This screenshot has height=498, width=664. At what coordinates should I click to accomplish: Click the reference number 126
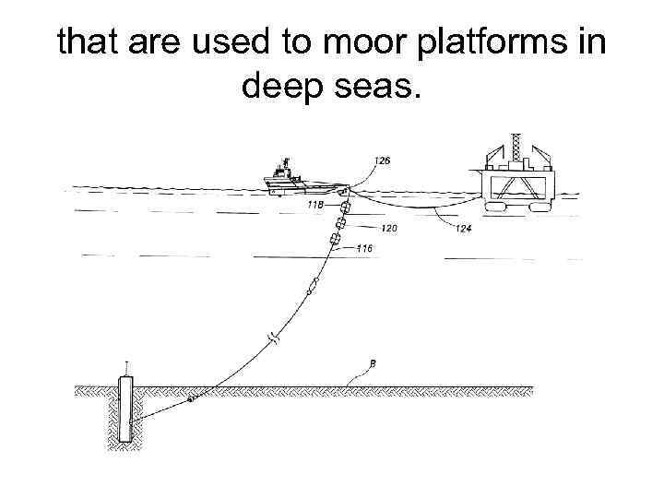pos(381,160)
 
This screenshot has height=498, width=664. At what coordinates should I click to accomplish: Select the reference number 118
pos(314,205)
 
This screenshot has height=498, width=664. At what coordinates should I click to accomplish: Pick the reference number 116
pos(363,248)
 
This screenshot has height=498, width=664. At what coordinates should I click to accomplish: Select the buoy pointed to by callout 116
pos(335,241)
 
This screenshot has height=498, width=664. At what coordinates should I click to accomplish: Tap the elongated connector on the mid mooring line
pos(312,288)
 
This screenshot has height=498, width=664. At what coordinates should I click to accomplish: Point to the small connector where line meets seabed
pos(191,399)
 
